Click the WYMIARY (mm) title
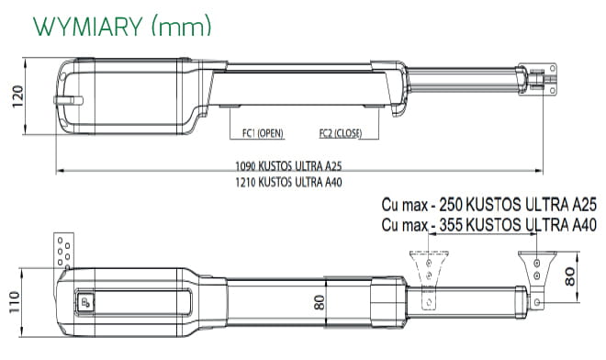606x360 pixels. [122, 27]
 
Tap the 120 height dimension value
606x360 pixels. [17, 96]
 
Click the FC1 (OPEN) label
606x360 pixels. [263, 133]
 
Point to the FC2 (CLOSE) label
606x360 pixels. [341, 133]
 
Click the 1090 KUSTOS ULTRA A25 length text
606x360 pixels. [288, 166]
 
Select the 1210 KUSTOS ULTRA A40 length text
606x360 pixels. [288, 182]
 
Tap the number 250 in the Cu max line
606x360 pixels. [451, 205]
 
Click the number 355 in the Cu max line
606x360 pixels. [451, 225]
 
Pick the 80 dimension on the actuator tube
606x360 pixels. [320, 302]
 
